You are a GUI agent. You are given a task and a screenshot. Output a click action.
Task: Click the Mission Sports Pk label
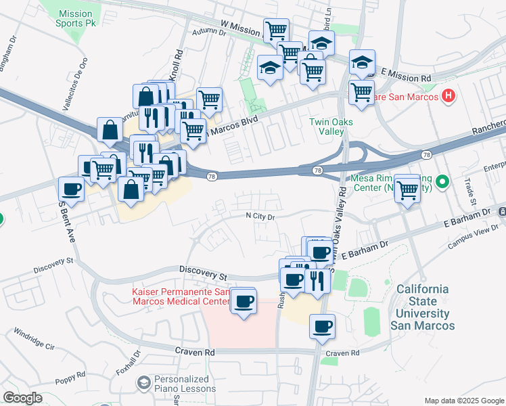coord(75,18)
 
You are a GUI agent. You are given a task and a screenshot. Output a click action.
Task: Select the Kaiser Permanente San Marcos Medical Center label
coord(179,296)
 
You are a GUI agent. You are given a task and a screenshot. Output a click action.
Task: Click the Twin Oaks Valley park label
coord(328,127)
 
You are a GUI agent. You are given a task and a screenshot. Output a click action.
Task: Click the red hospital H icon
coord(448,96)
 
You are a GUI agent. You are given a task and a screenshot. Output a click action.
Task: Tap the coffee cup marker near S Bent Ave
coord(71,190)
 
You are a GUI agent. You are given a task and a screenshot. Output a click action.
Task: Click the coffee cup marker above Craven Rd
coord(322,328)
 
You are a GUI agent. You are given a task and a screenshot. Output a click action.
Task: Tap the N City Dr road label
coord(260,217)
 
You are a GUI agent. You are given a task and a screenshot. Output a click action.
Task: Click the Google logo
coord(22,398)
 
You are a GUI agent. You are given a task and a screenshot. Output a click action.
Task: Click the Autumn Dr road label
coord(208,32)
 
